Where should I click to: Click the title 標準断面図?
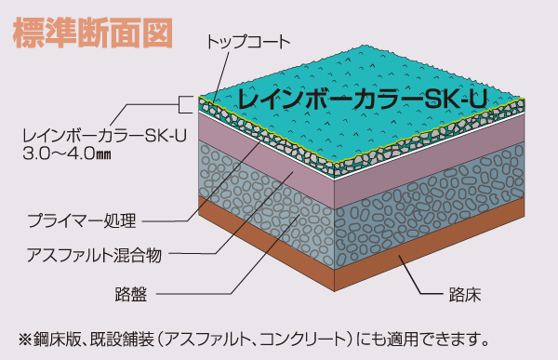(x=92, y=31)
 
